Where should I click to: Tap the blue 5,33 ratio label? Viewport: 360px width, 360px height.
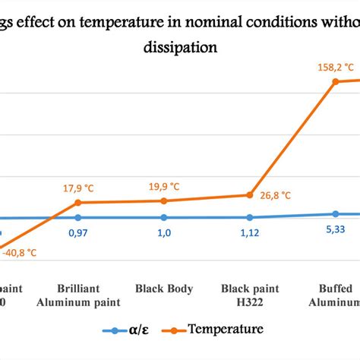(334, 229)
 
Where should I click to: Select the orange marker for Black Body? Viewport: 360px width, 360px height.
(163, 201)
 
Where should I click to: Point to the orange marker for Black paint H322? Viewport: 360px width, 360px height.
(249, 195)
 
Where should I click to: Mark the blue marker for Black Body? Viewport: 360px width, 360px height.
(163, 218)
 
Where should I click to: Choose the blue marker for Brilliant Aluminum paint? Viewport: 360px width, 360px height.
(78, 218)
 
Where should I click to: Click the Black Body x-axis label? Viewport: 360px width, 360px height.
(164, 289)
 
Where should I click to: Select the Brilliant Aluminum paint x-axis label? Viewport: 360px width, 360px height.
(79, 295)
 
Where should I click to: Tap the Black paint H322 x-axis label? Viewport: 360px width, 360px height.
(250, 295)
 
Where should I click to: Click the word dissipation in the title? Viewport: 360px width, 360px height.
(181, 46)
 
